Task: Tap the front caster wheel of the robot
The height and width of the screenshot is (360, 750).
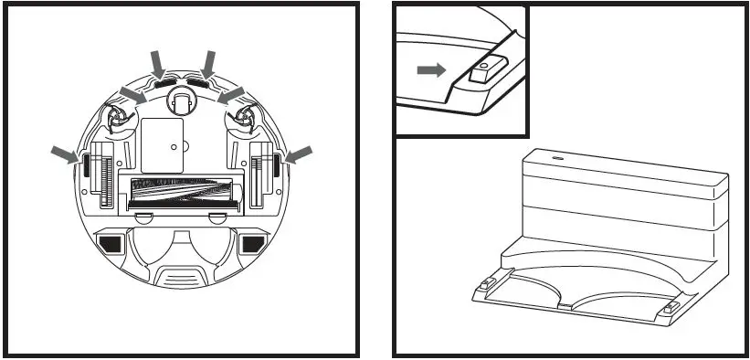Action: click(181, 102)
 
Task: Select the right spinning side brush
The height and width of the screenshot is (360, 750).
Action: click(247, 116)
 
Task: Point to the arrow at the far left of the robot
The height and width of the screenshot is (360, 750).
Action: click(65, 154)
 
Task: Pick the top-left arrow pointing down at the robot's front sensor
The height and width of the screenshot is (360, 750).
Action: click(157, 62)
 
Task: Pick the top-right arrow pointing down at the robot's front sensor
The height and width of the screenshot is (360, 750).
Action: click(208, 62)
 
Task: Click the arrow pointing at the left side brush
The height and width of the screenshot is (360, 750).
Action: click(132, 94)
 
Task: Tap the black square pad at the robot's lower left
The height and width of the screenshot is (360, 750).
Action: click(111, 244)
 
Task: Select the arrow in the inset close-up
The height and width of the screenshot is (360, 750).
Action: click(430, 69)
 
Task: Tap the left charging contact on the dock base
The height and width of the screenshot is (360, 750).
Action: click(486, 284)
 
